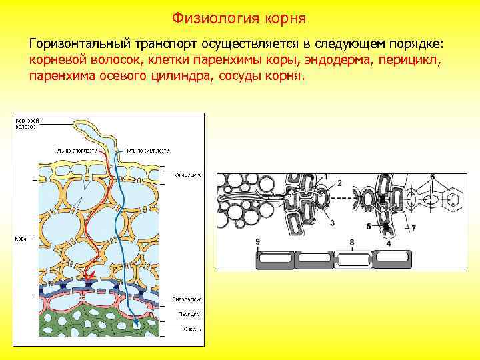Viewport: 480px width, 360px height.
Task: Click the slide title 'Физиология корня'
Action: pos(239,16)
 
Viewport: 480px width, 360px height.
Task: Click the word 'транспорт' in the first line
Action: pos(166,44)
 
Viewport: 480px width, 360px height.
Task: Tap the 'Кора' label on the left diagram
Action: pos(20,238)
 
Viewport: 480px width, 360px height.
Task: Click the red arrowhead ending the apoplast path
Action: pos(87,275)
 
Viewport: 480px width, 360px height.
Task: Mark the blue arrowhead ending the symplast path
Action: pos(137,325)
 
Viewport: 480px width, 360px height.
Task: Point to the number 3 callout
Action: pos(332,222)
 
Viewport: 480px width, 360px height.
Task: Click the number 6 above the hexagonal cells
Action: pos(433,176)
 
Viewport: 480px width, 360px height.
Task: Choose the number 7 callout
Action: pos(413,229)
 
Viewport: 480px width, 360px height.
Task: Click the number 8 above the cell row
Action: pos(351,242)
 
